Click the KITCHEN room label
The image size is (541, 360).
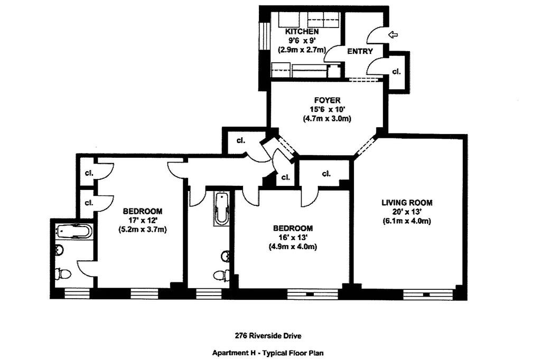coord(299,32)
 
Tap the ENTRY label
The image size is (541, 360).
coord(360,51)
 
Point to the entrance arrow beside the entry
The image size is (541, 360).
coord(393,35)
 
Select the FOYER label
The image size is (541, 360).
coord(327,100)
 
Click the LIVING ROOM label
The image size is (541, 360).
coord(407,202)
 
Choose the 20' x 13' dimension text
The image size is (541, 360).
coord(407,212)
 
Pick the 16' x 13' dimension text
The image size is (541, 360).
coord(293,238)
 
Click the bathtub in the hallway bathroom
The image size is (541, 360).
coord(221,208)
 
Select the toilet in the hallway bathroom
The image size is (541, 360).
coord(221,275)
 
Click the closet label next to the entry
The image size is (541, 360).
coord(396,71)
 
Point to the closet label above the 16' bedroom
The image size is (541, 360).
coord(325,173)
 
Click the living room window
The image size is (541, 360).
coord(428,292)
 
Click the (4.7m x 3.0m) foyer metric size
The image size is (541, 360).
coord(327,119)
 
